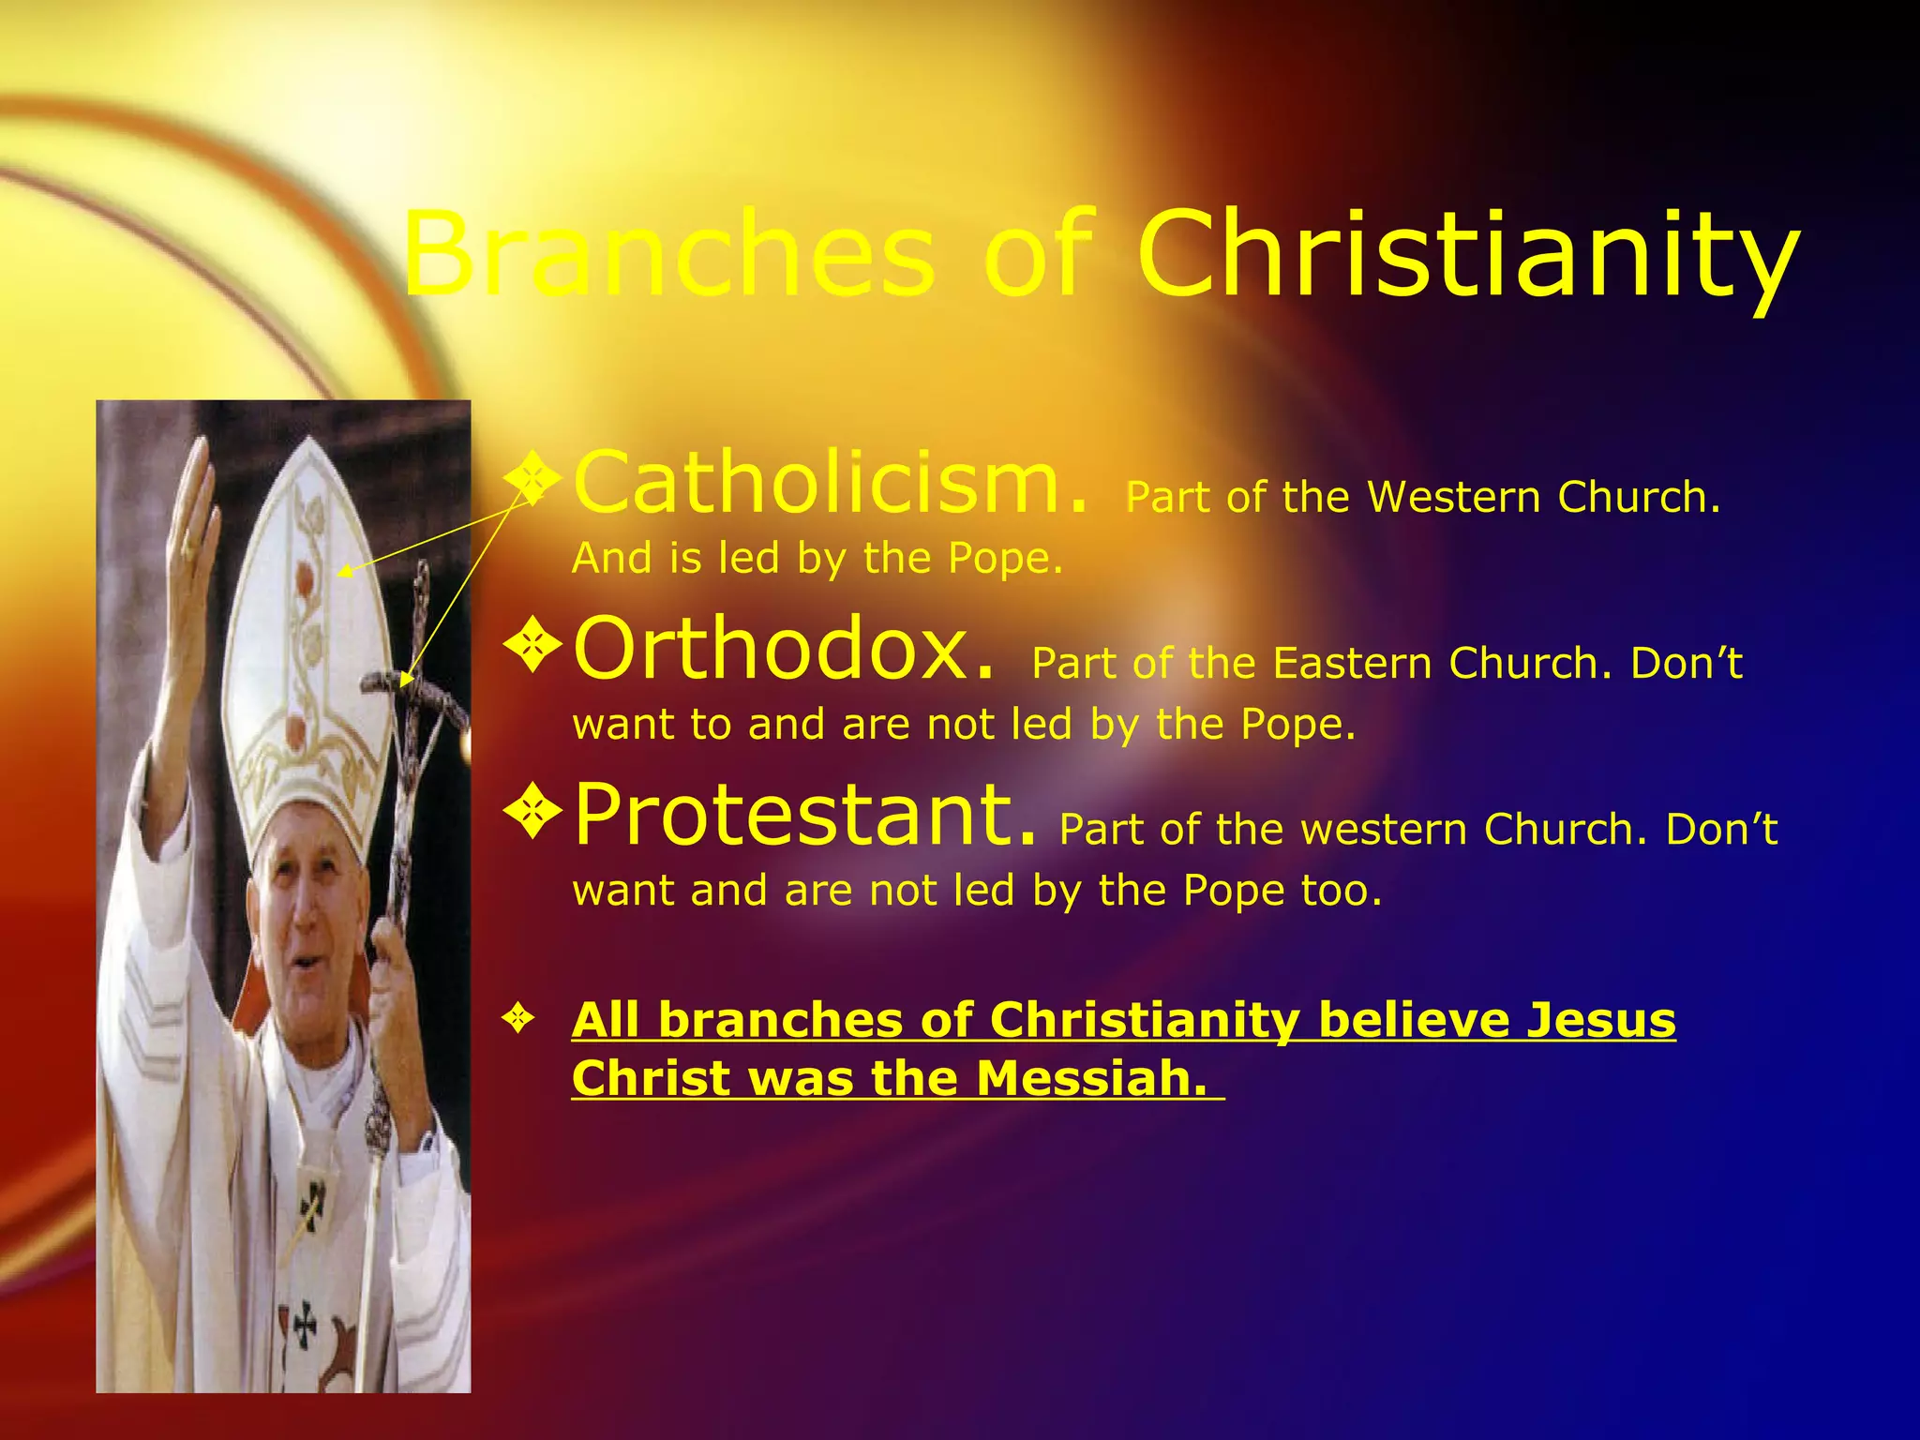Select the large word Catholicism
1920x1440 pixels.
point(831,484)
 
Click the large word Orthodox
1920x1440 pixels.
point(784,649)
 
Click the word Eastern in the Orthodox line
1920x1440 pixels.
point(1351,664)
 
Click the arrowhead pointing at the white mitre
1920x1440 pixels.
point(343,570)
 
